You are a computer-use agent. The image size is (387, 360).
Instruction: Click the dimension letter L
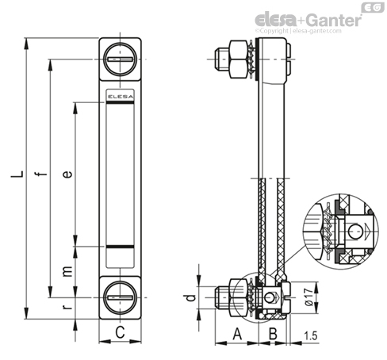pyautogui.click(x=17, y=174)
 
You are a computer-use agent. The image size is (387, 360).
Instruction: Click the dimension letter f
pyautogui.click(x=41, y=174)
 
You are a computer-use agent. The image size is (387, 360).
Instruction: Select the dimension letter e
pyautogui.click(x=67, y=174)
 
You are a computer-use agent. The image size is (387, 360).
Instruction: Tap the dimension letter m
pyautogui.click(x=67, y=271)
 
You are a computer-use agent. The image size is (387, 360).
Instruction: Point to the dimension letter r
pyautogui.click(x=67, y=307)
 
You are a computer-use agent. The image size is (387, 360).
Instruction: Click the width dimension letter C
pyautogui.click(x=120, y=332)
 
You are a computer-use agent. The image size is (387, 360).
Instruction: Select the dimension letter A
pyautogui.click(x=237, y=334)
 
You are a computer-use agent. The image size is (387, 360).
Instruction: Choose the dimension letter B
pyautogui.click(x=273, y=334)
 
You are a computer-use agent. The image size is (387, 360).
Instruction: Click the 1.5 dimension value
pyautogui.click(x=310, y=335)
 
